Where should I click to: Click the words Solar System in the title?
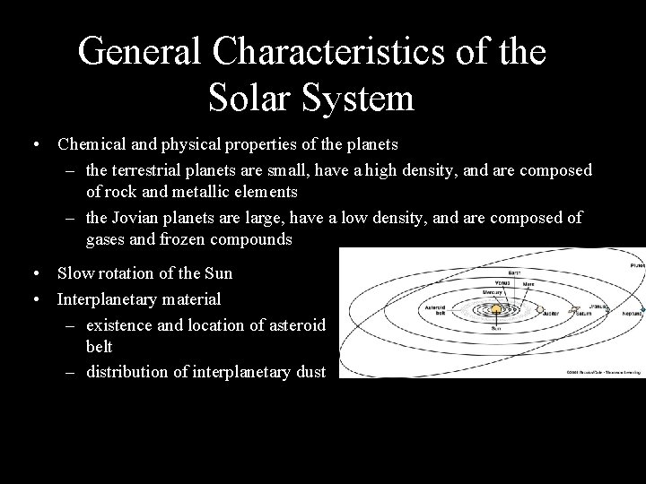click(311, 97)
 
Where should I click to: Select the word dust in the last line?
click(309, 372)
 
